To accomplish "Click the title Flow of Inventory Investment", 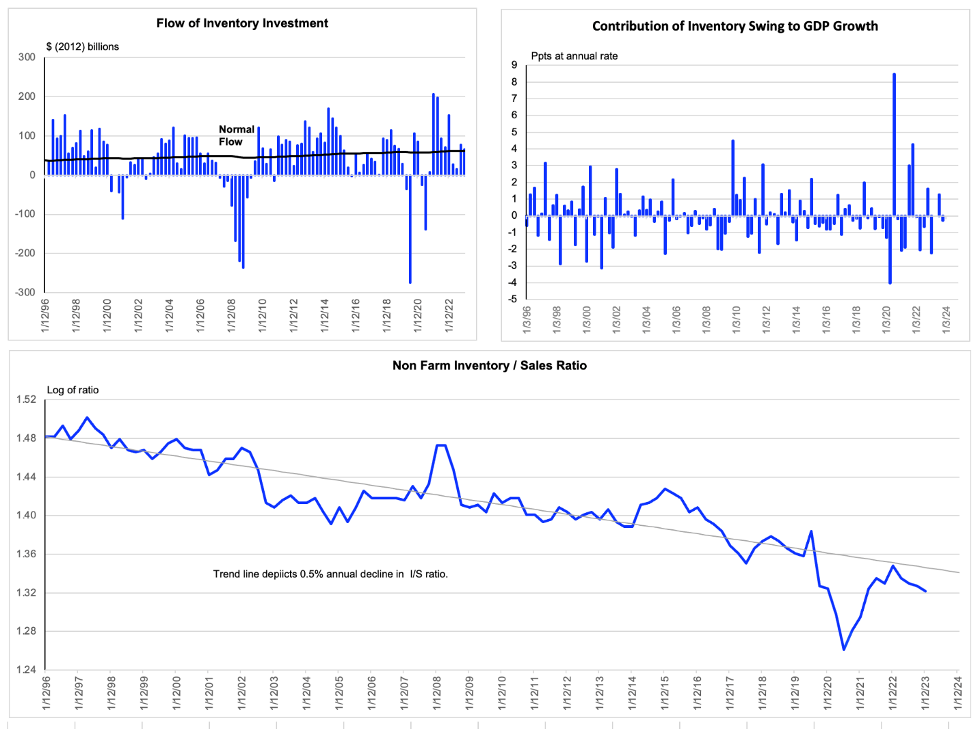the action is click(x=242, y=23).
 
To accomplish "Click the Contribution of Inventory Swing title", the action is click(x=735, y=26).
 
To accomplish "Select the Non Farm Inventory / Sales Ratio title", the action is click(x=489, y=366).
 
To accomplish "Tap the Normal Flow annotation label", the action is click(x=236, y=135).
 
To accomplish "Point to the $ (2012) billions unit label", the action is click(x=83, y=47).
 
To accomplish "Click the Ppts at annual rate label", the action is click(x=574, y=56).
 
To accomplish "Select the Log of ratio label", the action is click(x=72, y=390).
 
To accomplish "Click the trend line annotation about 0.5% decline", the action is click(x=330, y=574).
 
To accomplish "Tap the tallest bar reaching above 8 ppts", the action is click(x=894, y=145).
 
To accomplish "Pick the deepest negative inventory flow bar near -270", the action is click(x=410, y=229).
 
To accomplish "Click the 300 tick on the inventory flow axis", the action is click(x=27, y=57).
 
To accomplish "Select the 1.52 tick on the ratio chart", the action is click(x=26, y=399).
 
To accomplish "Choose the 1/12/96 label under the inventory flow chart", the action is click(x=45, y=316).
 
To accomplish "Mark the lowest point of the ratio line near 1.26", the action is click(x=843, y=649).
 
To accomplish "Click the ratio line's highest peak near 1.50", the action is click(x=87, y=418).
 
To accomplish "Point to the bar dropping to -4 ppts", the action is click(x=890, y=250).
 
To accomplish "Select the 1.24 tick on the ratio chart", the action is click(x=26, y=670).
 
